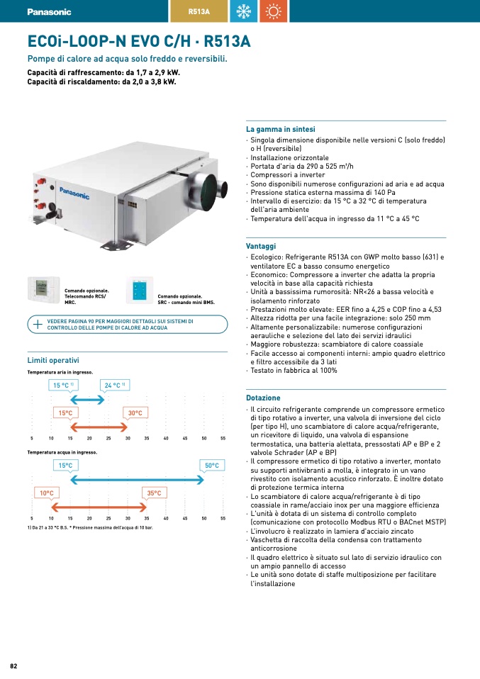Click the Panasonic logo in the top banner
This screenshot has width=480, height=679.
[49, 11]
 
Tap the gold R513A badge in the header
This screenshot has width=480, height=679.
[199, 11]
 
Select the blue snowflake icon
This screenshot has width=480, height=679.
[243, 11]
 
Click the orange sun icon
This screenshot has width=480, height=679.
[274, 11]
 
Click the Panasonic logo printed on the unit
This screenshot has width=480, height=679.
[74, 193]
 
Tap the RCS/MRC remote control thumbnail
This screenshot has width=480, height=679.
[43, 289]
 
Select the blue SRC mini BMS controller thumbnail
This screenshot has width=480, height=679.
[140, 290]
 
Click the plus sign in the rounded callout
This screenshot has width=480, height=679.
[38, 325]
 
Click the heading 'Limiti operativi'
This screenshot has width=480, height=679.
[53, 360]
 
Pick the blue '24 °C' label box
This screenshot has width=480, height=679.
[115, 385]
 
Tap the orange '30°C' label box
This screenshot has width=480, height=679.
[135, 413]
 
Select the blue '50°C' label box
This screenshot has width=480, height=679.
[212, 466]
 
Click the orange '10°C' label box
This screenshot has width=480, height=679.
[47, 493]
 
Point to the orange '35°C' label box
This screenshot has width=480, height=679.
[155, 493]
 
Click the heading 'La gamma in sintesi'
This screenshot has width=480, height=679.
[280, 129]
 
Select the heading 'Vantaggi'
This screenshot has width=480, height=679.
[261, 246]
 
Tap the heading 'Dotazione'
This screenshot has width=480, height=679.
[263, 398]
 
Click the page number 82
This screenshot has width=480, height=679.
[13, 666]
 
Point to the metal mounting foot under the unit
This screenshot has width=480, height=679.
[116, 245]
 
